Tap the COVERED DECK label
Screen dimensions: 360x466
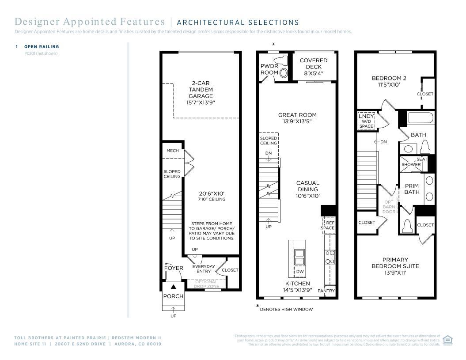314,67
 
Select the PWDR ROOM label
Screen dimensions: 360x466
269,69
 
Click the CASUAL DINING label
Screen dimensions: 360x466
307,189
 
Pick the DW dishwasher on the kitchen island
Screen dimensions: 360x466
299,272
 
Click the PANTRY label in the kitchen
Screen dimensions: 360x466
326,291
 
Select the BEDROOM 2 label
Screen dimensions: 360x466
389,81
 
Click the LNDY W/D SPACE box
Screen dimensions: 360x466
366,121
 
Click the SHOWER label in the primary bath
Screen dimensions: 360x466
411,164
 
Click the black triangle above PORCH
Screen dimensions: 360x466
173,287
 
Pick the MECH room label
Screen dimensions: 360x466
172,151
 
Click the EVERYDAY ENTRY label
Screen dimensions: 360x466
203,269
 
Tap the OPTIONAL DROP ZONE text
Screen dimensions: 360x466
206,284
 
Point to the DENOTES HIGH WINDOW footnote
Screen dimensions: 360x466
286,309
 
